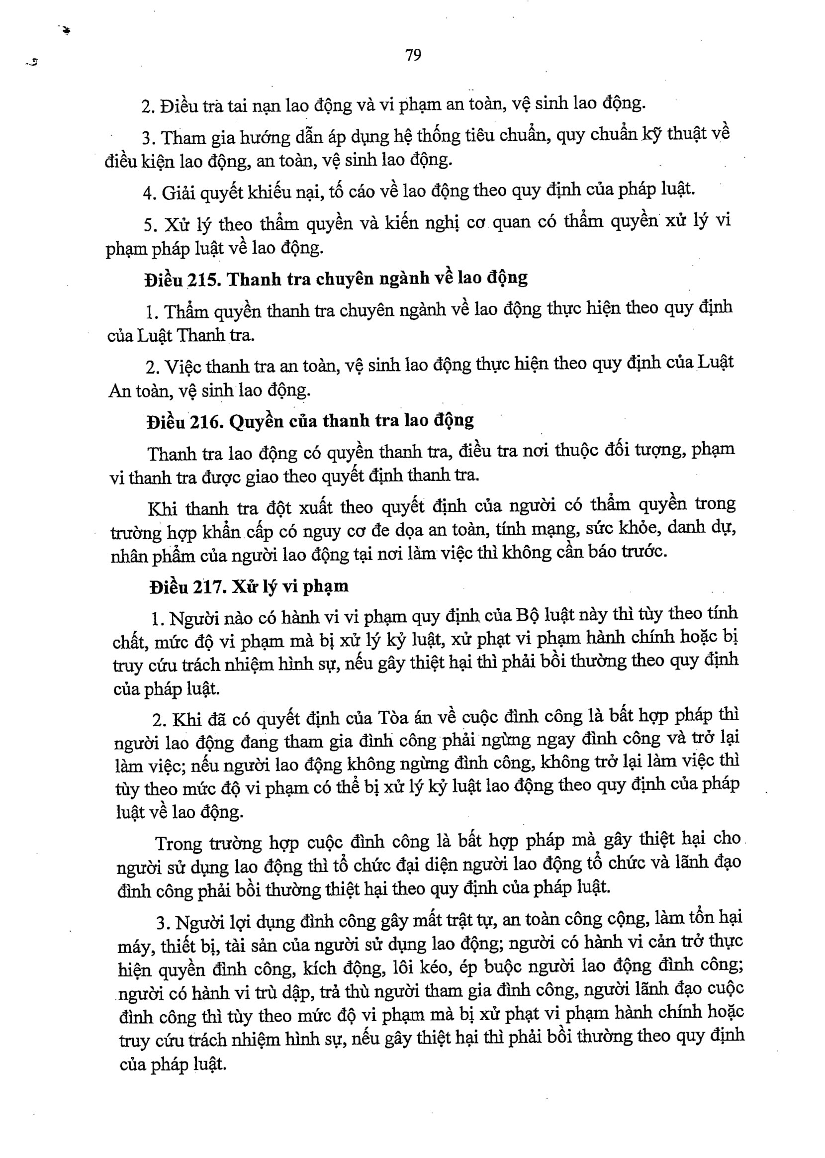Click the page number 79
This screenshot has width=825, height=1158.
tap(413, 55)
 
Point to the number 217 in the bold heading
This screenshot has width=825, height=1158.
tap(209, 587)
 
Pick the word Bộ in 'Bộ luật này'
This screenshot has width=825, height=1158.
tap(527, 615)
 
